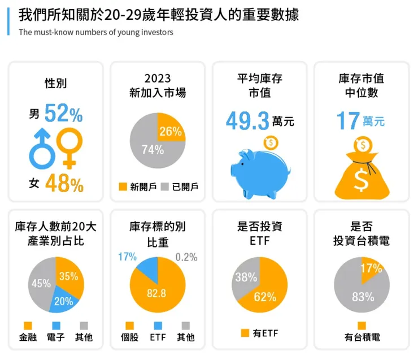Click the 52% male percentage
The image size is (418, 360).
click(63, 114)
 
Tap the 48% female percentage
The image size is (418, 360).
click(64, 184)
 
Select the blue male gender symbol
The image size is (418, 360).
click(43, 149)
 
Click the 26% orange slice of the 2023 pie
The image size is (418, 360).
click(170, 129)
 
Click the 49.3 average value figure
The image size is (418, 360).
click(247, 120)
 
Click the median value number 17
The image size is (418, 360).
click(348, 120)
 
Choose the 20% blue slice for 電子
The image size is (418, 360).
click(64, 301)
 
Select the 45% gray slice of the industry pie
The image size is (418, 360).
click(41, 284)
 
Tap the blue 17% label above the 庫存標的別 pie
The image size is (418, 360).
click(127, 257)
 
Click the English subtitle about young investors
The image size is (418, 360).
click(96, 32)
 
